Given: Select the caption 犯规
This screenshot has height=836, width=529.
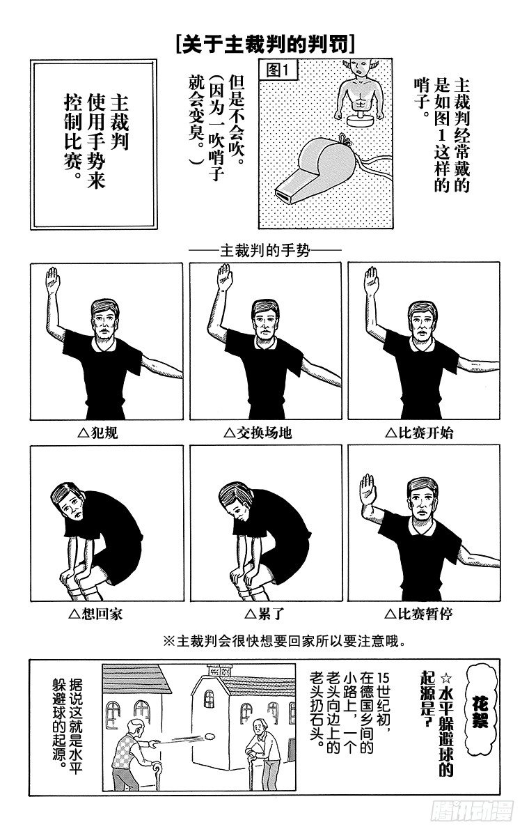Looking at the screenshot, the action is coord(98,433).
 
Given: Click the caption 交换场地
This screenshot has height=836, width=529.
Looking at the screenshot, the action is coord(258,433).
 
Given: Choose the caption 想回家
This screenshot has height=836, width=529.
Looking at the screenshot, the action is coord(96,614).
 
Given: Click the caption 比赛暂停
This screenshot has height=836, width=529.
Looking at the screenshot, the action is coord(418,614).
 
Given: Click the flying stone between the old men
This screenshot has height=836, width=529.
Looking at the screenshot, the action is coord(210,735).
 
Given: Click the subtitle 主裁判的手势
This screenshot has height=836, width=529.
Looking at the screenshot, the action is coord(265,251).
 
